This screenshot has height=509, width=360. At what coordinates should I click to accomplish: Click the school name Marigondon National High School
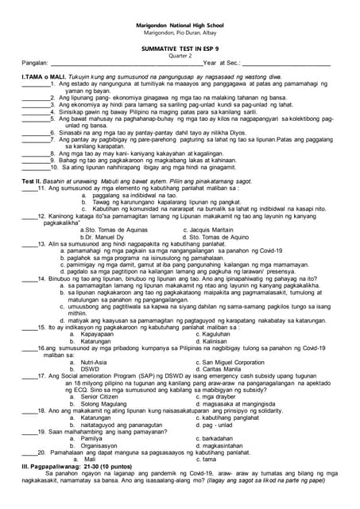180,25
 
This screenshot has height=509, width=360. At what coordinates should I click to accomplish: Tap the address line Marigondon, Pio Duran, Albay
180,33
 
